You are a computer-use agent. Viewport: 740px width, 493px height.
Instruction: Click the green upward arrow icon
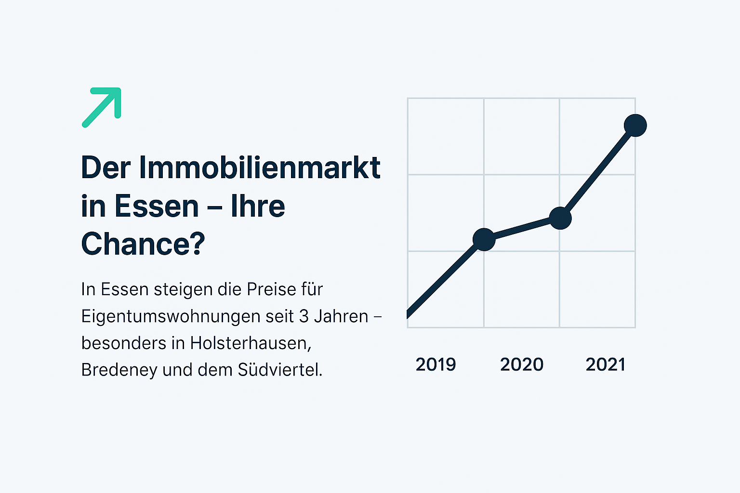[x=102, y=107]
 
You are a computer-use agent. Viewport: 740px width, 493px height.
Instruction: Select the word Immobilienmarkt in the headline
[x=260, y=168]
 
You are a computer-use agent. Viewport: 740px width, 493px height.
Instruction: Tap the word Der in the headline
[x=106, y=168]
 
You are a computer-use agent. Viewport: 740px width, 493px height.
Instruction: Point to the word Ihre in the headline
[x=258, y=206]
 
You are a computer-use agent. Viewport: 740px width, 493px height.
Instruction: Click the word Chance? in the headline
[x=143, y=244]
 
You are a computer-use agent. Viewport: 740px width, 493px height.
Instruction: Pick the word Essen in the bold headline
[x=157, y=206]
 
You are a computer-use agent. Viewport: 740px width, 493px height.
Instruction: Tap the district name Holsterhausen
[x=251, y=343]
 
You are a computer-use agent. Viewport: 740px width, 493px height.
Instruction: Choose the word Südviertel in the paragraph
[x=280, y=370]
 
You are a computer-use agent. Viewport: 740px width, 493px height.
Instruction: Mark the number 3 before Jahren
[x=304, y=316]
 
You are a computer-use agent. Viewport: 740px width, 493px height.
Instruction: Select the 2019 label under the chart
[x=436, y=364]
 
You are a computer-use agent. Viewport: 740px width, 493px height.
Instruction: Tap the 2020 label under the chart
[x=522, y=364]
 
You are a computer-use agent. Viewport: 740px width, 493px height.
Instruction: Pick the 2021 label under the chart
[x=606, y=364]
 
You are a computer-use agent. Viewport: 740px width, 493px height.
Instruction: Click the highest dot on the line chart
[x=635, y=126]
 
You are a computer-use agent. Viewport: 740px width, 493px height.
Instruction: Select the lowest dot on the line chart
[x=484, y=239]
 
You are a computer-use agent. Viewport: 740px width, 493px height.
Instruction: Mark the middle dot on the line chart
[x=560, y=218]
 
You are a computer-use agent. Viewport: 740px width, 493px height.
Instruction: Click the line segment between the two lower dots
[x=522, y=229]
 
